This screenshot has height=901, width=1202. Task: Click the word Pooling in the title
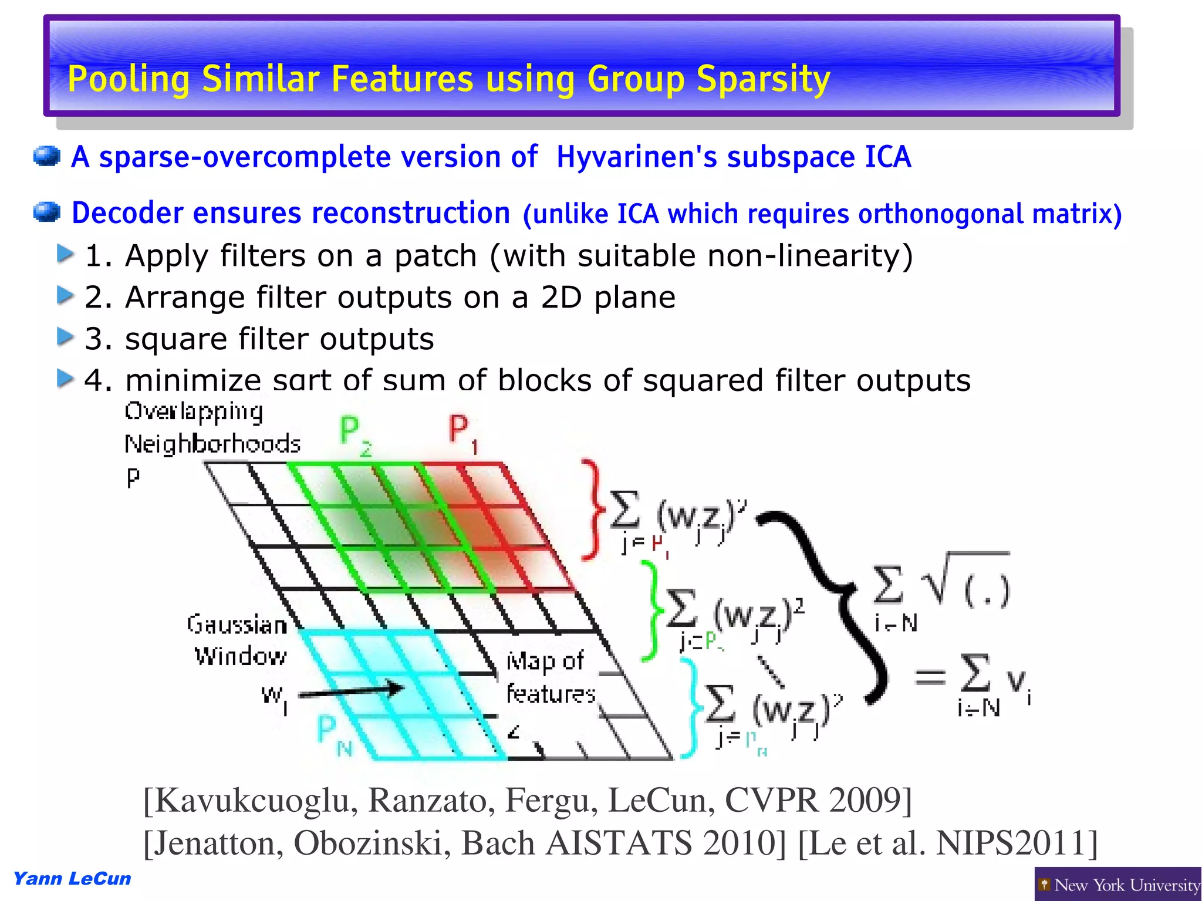coord(129,79)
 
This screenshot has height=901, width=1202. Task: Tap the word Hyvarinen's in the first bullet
coord(636,157)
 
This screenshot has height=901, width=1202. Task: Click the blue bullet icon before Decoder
coord(47,212)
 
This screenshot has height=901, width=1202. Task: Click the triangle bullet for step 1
coord(65,254)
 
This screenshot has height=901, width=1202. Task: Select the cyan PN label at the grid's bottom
coord(333,735)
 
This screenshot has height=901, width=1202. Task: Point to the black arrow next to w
coord(352,691)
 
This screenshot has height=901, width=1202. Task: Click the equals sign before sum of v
coord(930,678)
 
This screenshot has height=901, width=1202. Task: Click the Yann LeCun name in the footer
coord(72,879)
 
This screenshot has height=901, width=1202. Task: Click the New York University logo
coord(1118,884)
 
